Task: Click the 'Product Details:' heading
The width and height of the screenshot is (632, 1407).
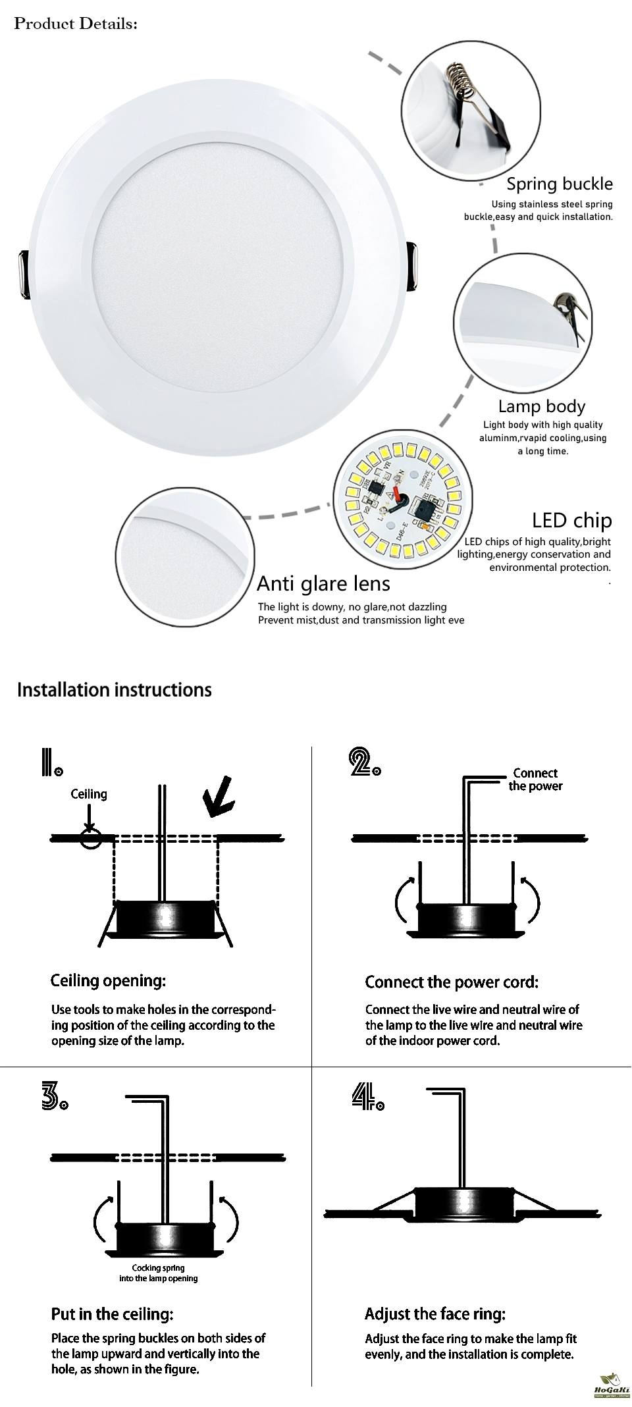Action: coord(76,24)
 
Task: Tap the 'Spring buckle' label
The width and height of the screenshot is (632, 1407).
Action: coord(559,184)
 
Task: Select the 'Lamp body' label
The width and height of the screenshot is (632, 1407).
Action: coord(541,406)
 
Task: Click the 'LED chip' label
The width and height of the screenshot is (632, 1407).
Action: coord(571,520)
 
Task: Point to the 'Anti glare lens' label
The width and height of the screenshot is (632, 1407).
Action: coord(323,583)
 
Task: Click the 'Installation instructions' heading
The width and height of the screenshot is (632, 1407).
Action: coord(115,690)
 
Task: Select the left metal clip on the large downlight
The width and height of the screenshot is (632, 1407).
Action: coord(22,270)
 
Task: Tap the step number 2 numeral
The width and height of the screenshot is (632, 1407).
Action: coord(363,762)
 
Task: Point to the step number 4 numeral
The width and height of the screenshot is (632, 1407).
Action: coord(367,1098)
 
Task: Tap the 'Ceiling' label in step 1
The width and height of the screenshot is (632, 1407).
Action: coord(89,794)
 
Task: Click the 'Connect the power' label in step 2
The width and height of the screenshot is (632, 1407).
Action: coord(535,780)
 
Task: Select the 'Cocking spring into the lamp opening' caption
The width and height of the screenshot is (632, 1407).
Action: coord(158,1273)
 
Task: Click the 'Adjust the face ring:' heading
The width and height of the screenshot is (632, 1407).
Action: coord(435,1314)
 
